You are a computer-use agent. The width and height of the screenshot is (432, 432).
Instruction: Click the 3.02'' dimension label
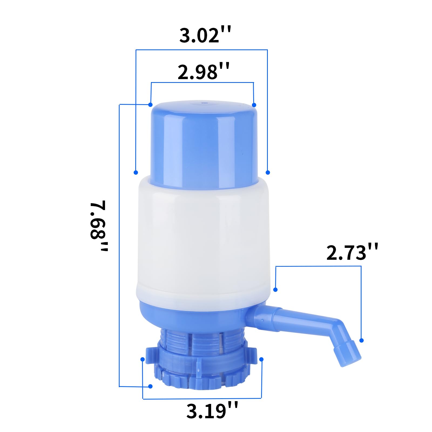205,35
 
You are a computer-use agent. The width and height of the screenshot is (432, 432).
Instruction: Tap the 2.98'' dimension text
203,72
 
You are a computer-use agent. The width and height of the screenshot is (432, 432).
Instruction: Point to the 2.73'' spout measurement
352,253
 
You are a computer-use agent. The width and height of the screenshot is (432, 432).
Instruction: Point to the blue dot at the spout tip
362,340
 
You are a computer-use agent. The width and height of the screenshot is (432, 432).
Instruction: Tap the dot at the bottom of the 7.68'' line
150,386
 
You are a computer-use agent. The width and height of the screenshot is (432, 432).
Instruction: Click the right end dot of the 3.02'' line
268,172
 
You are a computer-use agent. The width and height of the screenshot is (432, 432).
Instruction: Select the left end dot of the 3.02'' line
136,172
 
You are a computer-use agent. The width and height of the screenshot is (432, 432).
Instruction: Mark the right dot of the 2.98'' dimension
254,105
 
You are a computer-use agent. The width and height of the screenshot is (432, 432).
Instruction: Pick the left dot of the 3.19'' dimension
143,359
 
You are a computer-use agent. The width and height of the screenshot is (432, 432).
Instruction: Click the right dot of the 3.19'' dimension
261,359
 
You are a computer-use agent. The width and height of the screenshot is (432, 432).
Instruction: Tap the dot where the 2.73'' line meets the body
275,290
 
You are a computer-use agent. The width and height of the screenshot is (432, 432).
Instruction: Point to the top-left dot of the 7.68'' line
150,105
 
